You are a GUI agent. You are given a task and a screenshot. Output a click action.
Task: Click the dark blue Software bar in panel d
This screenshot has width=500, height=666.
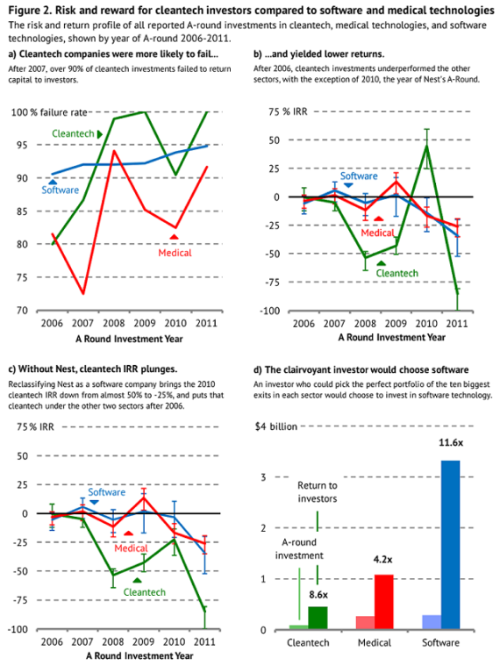(450, 545)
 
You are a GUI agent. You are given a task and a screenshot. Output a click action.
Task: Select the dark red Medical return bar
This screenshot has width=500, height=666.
(383, 602)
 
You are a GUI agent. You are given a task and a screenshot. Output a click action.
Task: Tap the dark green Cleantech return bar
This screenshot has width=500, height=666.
(318, 618)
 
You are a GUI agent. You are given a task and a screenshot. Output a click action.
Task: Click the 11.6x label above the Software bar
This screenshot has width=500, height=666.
(451, 442)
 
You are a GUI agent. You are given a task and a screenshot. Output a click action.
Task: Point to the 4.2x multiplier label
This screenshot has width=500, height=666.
(382, 560)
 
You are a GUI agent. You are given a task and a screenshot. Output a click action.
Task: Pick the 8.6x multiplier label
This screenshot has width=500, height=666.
(318, 595)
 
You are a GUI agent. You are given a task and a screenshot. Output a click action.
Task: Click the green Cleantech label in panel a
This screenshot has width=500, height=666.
(73, 133)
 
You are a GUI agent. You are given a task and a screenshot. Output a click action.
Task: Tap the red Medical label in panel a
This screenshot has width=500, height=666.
(175, 253)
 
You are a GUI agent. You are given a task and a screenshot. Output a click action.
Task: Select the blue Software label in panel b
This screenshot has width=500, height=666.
(359, 175)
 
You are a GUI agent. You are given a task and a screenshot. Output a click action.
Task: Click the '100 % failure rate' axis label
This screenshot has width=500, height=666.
(49, 112)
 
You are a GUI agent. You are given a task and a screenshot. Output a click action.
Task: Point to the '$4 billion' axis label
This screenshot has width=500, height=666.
(276, 426)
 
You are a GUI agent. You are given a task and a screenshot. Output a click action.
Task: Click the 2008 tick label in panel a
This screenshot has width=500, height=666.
(114, 324)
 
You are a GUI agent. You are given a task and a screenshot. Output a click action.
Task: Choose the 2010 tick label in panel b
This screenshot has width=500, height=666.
(426, 324)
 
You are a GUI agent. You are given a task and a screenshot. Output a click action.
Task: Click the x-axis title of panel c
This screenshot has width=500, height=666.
(139, 655)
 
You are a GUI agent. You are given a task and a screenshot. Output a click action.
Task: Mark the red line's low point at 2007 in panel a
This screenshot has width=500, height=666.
(83, 293)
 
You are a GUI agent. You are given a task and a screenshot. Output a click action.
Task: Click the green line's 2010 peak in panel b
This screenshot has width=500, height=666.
(426, 146)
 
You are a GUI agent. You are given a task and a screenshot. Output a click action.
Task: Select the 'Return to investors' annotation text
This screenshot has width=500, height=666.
(318, 492)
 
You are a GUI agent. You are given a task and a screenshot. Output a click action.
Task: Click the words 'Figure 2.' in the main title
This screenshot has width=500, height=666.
(30, 10)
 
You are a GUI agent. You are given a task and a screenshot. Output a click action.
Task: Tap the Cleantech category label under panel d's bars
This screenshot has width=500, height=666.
(308, 642)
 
